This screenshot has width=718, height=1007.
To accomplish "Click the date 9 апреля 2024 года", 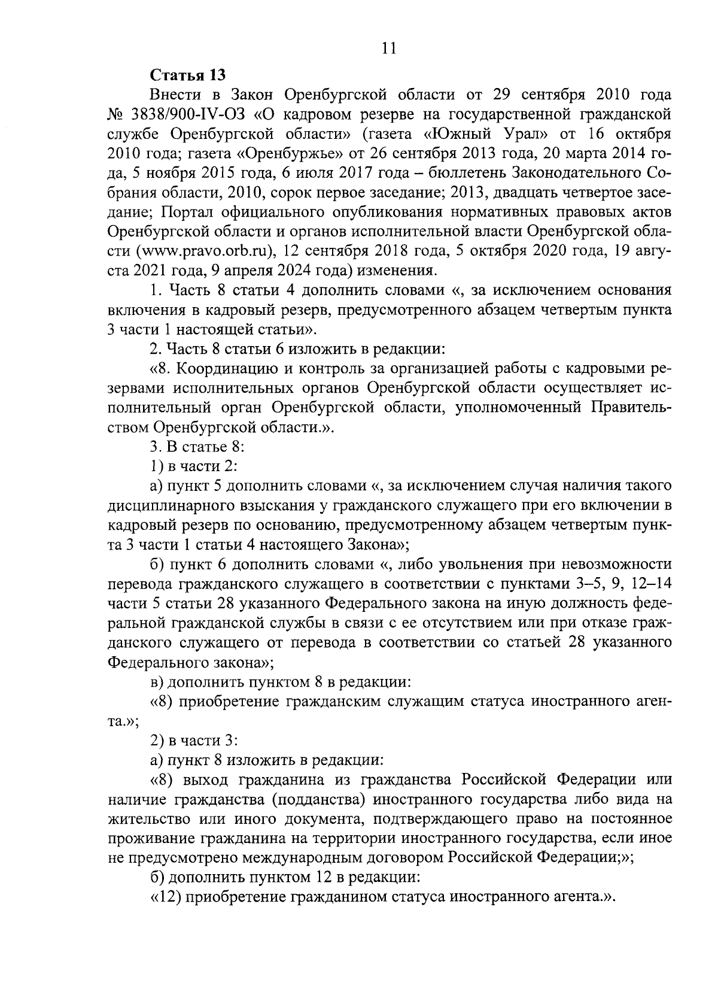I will click(x=278, y=270).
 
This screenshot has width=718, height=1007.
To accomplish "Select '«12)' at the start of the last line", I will click(x=165, y=897).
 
